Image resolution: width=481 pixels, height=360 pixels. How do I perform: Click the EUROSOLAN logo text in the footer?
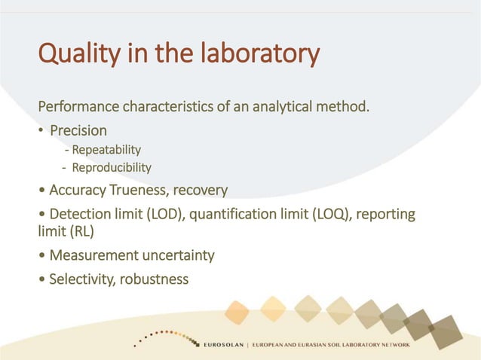231,345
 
